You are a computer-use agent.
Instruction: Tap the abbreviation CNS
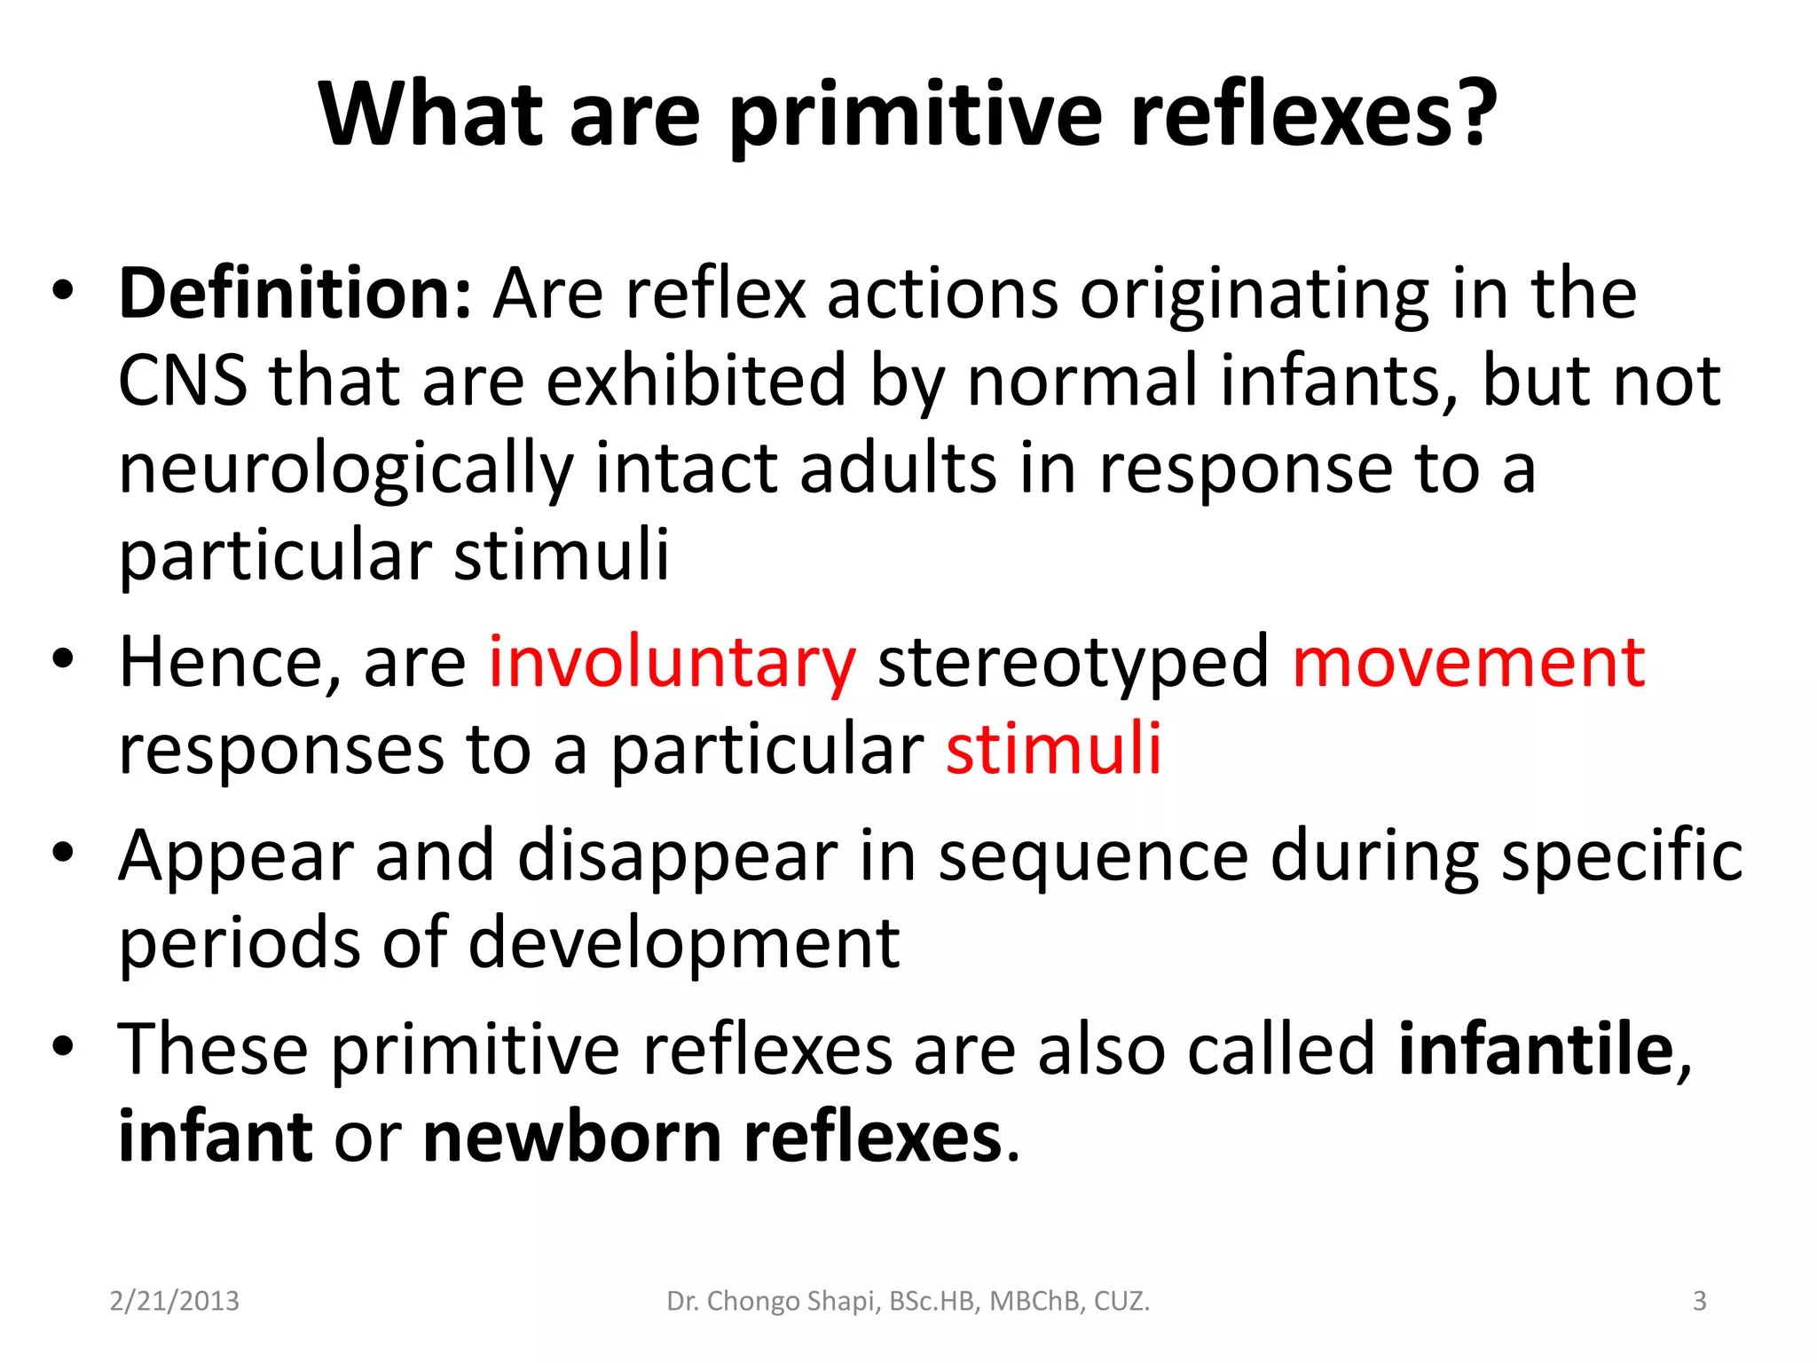[x=183, y=381]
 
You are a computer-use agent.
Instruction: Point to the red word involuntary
[x=673, y=663]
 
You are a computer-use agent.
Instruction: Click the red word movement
[x=1468, y=663]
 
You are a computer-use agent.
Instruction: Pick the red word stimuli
[x=1053, y=750]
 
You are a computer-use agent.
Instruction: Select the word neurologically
[x=346, y=471]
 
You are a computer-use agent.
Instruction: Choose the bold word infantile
[x=1536, y=1050]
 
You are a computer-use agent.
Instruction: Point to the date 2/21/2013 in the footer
[x=174, y=1301]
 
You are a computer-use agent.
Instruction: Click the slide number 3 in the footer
[x=1699, y=1301]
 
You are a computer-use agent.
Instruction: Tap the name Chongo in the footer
[x=754, y=1302]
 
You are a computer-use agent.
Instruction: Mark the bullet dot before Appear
[x=62, y=853]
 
